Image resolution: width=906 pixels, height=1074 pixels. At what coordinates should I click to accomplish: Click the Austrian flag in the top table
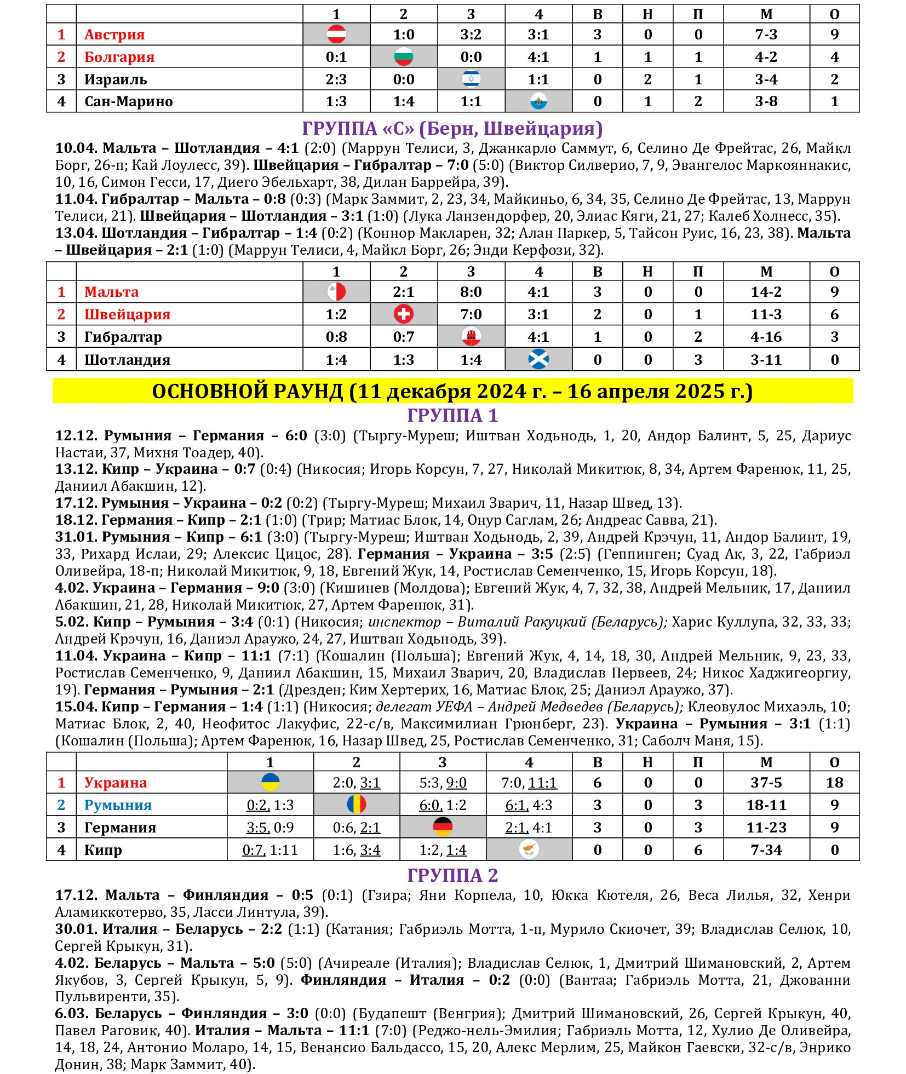[336, 35]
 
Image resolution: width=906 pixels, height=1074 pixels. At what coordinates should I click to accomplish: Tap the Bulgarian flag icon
[404, 57]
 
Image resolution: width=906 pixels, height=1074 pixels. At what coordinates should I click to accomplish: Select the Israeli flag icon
[471, 79]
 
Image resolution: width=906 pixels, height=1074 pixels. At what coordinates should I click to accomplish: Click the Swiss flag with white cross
[404, 314]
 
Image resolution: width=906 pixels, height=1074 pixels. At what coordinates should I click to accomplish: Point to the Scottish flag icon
[538, 359]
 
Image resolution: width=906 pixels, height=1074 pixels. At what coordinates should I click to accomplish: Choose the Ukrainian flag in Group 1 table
[271, 782]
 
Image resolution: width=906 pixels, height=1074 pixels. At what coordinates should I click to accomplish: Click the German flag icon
[443, 827]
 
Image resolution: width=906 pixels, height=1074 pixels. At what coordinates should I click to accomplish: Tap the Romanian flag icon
[357, 805]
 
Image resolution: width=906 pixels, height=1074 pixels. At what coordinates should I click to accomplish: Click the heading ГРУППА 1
[452, 416]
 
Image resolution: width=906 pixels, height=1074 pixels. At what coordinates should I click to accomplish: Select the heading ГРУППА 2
[452, 875]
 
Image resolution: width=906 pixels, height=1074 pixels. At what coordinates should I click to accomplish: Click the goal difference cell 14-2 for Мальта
[766, 292]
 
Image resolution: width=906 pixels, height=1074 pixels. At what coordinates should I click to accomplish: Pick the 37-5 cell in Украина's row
[766, 783]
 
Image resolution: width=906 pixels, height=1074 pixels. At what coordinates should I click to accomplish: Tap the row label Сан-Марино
[129, 102]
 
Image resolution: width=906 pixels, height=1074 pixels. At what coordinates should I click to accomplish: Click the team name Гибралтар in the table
[123, 337]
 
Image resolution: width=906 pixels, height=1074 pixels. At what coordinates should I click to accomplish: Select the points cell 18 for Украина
[834, 783]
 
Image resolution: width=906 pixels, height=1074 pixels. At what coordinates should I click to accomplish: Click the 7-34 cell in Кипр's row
[766, 850]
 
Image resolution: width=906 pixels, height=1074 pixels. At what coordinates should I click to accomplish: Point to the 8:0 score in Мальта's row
[471, 292]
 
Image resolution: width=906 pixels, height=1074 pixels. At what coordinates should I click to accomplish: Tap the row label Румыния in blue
[118, 805]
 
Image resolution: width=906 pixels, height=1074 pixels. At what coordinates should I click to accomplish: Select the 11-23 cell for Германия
[766, 828]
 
